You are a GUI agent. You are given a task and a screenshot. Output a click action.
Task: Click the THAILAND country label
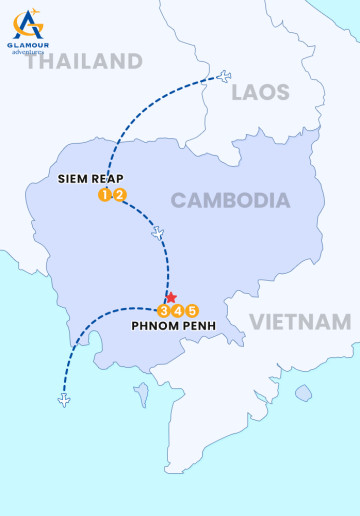click(x=84, y=61)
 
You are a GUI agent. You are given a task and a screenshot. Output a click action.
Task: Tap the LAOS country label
click(x=260, y=93)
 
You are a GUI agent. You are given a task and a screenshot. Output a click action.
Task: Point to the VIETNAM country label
click(x=300, y=322)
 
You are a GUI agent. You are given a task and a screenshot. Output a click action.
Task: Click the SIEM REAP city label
click(x=90, y=179)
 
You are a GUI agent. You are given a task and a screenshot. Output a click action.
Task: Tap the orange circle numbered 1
click(x=104, y=195)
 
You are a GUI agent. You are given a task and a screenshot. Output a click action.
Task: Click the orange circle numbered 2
click(x=119, y=195)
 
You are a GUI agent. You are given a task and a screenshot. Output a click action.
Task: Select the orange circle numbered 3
click(x=164, y=310)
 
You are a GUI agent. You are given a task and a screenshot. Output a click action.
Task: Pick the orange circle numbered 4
click(x=178, y=310)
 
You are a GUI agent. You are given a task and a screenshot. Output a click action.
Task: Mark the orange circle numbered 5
click(x=193, y=310)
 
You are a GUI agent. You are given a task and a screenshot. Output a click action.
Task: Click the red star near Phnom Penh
click(x=171, y=298)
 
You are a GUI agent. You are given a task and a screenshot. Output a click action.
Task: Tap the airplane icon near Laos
click(x=224, y=76)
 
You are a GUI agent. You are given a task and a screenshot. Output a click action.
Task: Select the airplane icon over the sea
click(x=65, y=401)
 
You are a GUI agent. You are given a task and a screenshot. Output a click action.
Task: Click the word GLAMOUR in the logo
click(x=28, y=44)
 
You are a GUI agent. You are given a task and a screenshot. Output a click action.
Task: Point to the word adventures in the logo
click(x=28, y=52)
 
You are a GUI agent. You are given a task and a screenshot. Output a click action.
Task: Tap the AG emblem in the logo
click(x=28, y=22)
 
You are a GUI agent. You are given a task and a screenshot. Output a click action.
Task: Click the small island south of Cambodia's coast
click(x=141, y=391)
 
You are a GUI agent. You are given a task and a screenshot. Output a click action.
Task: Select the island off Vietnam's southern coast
click(x=303, y=393)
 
